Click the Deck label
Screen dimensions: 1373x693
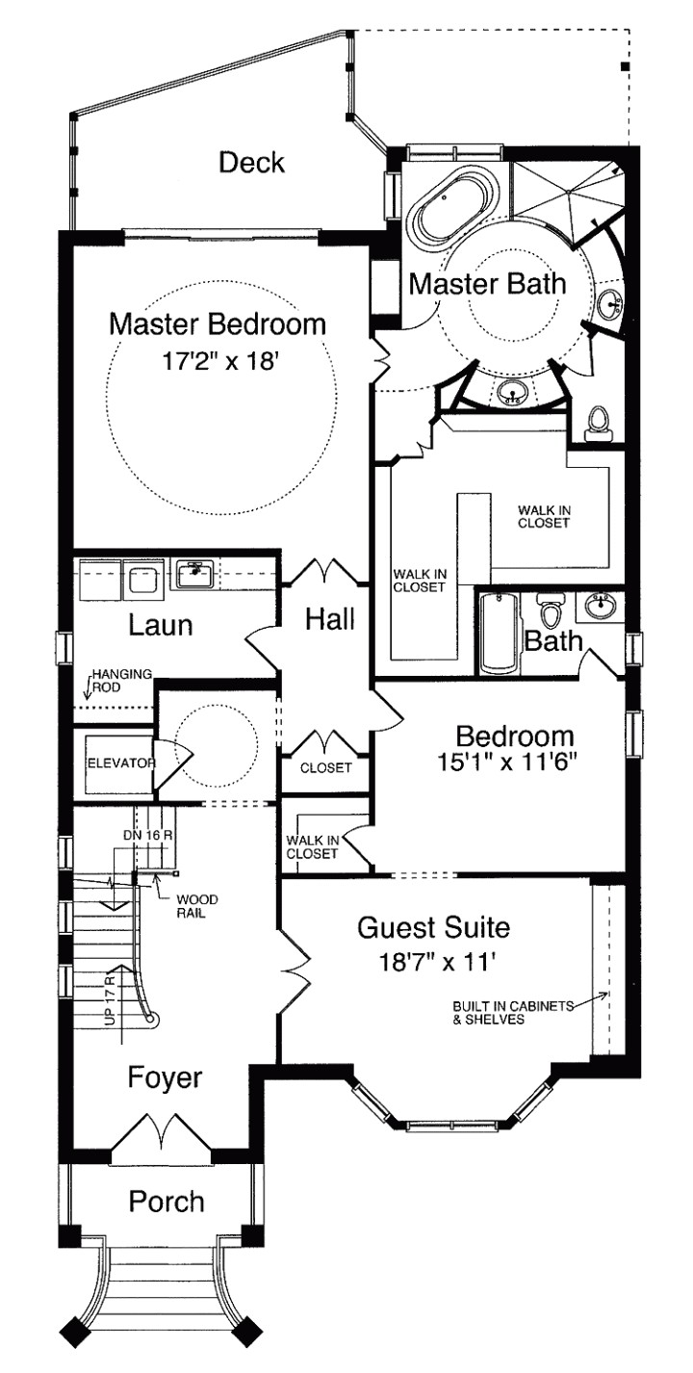click(x=251, y=162)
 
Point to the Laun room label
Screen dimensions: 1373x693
click(x=161, y=625)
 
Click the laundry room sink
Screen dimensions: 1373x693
click(x=197, y=575)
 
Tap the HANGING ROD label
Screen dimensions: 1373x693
click(x=121, y=681)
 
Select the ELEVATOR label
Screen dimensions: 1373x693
click(x=121, y=763)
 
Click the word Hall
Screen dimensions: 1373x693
click(x=329, y=619)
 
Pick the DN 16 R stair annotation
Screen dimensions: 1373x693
click(x=147, y=835)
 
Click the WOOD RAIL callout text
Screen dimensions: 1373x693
click(x=196, y=906)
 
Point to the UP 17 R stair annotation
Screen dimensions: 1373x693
click(x=111, y=1000)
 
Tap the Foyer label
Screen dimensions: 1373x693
click(x=166, y=1076)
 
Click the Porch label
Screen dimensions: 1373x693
click(x=167, y=1202)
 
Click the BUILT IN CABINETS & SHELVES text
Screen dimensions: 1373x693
click(x=511, y=1013)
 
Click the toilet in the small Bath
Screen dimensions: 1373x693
click(x=552, y=613)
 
